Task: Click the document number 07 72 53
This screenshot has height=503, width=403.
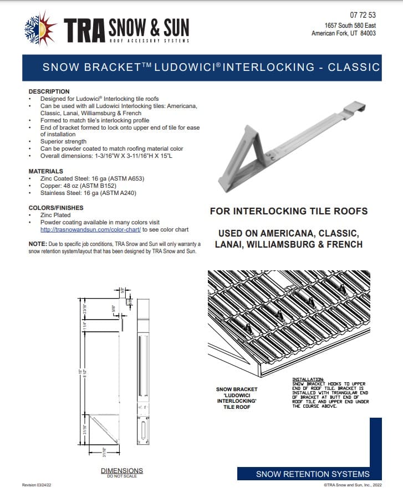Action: pos(363,15)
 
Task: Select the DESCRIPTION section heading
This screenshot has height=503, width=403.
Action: pos(49,91)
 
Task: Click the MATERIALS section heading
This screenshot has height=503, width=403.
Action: pos(45,171)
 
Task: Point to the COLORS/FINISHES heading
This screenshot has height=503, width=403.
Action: pos(55,208)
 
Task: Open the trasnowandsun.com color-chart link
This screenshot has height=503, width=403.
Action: pos(90,229)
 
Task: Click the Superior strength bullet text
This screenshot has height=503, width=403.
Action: pos(63,142)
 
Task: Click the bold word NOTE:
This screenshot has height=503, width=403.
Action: pos(37,244)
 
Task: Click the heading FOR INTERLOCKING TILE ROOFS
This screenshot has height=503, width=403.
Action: pos(289,211)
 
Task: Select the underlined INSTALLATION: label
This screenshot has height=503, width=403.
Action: pos(308,379)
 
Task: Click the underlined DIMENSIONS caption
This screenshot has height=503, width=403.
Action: pos(121,471)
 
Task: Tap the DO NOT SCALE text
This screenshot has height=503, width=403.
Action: pos(121,476)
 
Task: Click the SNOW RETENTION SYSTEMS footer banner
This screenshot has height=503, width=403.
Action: pos(313,474)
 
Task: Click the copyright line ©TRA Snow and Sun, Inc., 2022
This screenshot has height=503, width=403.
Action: pos(353,485)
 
